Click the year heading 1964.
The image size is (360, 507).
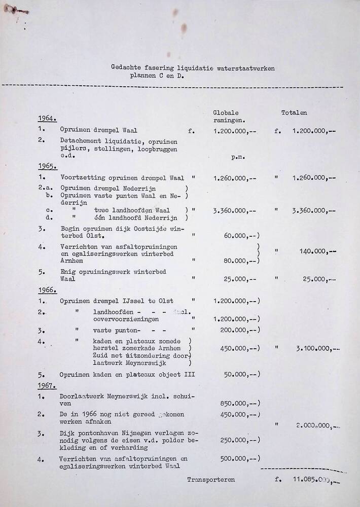tap(47, 119)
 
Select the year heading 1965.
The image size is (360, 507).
tap(47, 166)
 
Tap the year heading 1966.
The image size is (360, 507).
tap(47, 290)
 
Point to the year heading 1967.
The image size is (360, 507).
tap(47, 386)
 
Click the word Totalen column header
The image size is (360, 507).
tap(294, 113)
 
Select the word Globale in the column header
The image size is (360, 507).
tap(226, 113)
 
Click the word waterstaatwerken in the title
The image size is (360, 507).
tap(246, 67)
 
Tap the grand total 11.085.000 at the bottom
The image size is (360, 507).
tap(310, 480)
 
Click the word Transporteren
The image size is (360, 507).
tap(210, 479)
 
